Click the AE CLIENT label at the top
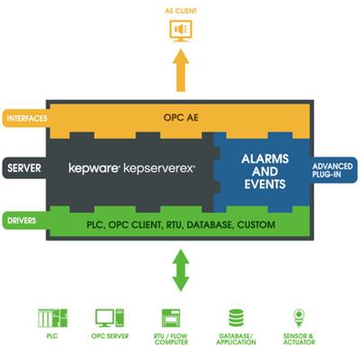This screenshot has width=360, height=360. pyautogui.click(x=181, y=11)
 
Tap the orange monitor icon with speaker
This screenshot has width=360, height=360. pyautogui.click(x=181, y=31)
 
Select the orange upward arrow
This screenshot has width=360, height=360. pyautogui.click(x=181, y=70)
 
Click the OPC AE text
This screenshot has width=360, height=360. pyautogui.click(x=181, y=117)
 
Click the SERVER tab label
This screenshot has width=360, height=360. pyautogui.click(x=24, y=168)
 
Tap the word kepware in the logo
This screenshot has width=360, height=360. pyautogui.click(x=94, y=168)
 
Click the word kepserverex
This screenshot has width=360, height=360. pyautogui.click(x=159, y=168)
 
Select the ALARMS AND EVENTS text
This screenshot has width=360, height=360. pyautogui.click(x=265, y=171)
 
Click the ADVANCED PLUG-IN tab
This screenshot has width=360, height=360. pyautogui.click(x=333, y=170)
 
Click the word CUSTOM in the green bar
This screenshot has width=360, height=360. pyautogui.click(x=256, y=225)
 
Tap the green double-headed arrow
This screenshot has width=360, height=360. pyautogui.click(x=181, y=270)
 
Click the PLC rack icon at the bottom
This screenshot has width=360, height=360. pyautogui.click(x=53, y=318)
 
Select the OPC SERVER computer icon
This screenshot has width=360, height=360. pyautogui.click(x=110, y=318)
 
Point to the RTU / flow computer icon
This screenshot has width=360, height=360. pyautogui.click(x=171, y=318)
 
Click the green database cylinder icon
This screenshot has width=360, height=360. pyautogui.click(x=236, y=318)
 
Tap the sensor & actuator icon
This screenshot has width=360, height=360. pyautogui.click(x=299, y=318)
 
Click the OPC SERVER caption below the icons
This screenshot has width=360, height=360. pyautogui.click(x=110, y=337)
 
